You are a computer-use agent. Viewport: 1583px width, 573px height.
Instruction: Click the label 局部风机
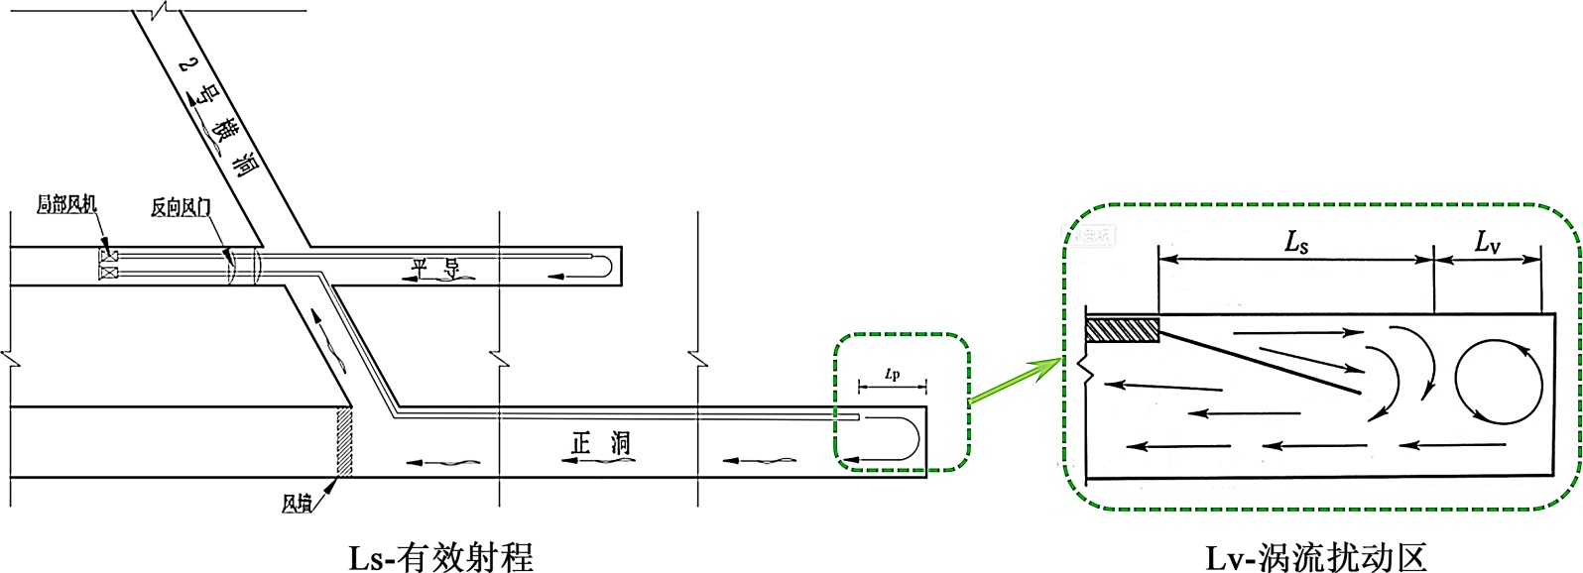click(66, 204)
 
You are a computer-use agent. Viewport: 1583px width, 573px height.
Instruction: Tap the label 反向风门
click(181, 206)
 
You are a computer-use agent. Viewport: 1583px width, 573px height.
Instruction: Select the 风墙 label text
click(296, 504)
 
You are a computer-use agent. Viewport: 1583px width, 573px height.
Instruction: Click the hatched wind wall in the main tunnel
click(344, 441)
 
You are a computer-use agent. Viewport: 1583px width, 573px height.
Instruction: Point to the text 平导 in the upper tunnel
click(435, 268)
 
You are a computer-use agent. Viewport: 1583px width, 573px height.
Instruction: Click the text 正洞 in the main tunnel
click(601, 443)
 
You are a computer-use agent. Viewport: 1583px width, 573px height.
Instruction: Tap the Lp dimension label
click(893, 375)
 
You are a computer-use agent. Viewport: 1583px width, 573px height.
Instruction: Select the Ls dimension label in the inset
click(1296, 241)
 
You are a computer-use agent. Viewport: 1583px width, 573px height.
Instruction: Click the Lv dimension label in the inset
click(1487, 241)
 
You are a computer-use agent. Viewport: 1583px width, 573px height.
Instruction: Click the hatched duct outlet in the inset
click(1123, 329)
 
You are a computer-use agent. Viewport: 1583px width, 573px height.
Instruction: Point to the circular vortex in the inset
click(1499, 382)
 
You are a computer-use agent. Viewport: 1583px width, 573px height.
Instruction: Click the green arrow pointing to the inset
click(1014, 381)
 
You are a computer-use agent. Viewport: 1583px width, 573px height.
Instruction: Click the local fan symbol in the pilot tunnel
click(108, 264)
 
